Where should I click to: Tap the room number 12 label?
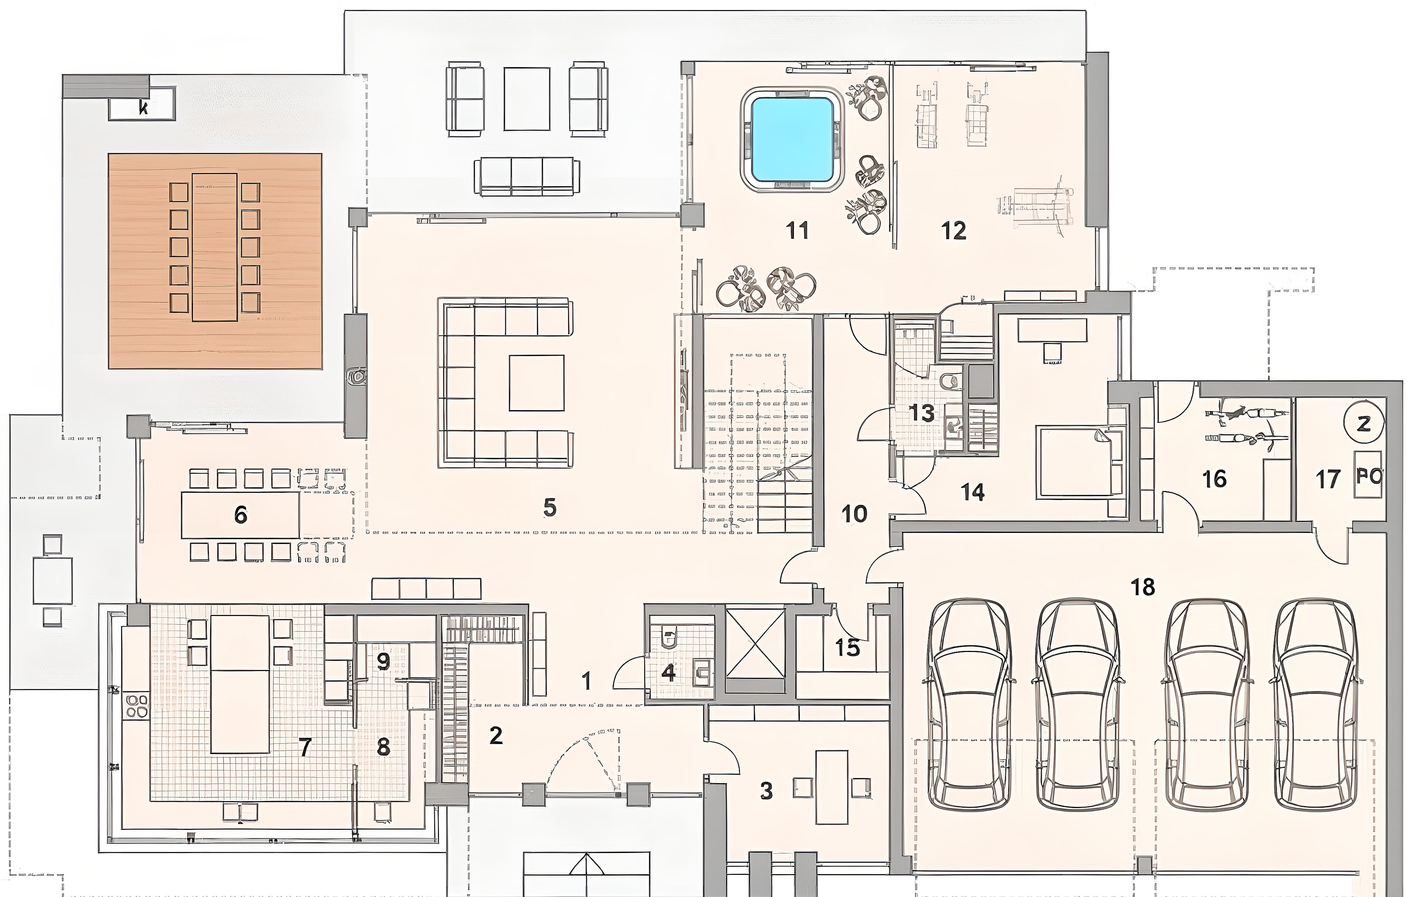click(x=953, y=231)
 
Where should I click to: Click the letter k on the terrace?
click(x=143, y=108)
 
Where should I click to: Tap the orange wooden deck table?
click(x=215, y=247)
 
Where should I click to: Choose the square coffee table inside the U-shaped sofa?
click(x=537, y=383)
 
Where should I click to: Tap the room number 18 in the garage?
click(x=1143, y=587)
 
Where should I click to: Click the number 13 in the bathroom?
click(x=923, y=413)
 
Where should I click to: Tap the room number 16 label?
click(x=1215, y=479)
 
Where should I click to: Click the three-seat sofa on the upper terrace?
click(x=527, y=176)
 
